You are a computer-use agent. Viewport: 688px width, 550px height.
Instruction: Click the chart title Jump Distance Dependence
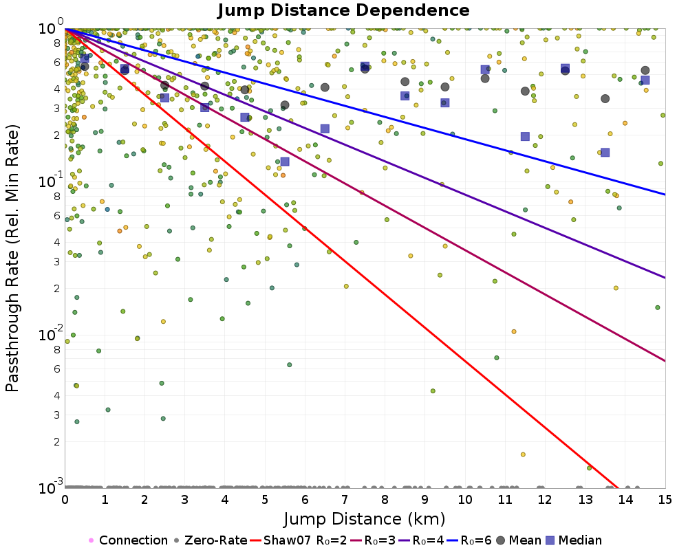(x=343, y=10)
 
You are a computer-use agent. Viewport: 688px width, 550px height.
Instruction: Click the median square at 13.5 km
(x=605, y=153)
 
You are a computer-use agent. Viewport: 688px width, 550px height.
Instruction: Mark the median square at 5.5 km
(x=285, y=162)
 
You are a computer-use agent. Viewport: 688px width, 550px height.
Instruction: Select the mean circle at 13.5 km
(x=605, y=98)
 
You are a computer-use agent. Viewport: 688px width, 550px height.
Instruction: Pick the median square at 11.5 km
(x=525, y=136)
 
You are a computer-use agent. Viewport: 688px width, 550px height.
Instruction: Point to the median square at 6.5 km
(x=325, y=129)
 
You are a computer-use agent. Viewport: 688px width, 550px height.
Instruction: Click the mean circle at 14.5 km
(x=645, y=70)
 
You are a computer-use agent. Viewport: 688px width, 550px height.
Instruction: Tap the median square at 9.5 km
(x=445, y=102)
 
